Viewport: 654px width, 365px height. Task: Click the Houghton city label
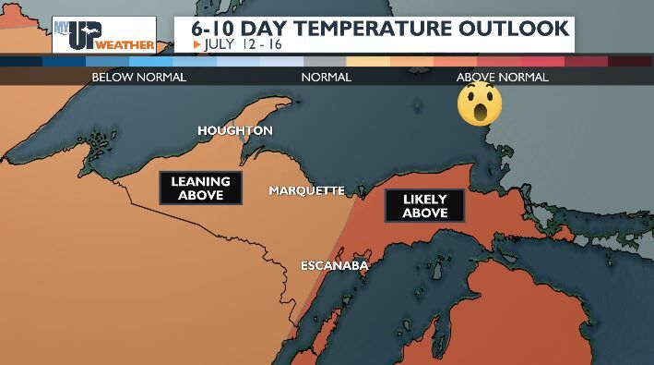pos(235,131)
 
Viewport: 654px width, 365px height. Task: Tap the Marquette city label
pos(306,191)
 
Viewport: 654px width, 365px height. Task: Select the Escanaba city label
pos(335,267)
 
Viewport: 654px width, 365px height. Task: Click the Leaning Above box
pos(200,189)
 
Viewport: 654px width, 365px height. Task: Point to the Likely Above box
pos(424,205)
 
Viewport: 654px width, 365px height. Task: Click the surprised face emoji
pos(480,103)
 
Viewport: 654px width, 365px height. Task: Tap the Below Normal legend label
pos(138,78)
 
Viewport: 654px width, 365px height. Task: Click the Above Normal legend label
pos(503,78)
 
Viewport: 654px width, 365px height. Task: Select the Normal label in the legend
pos(327,78)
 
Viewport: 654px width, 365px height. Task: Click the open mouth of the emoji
pos(480,114)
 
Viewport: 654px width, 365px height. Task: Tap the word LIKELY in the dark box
pos(424,198)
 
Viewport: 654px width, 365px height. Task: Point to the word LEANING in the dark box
pos(200,181)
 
